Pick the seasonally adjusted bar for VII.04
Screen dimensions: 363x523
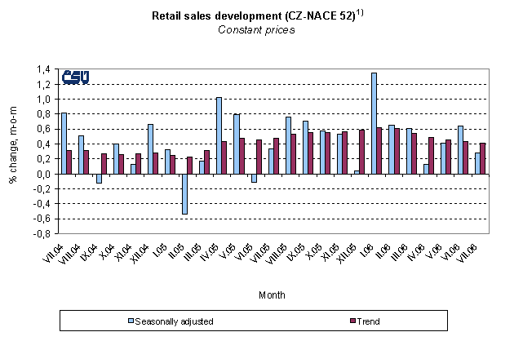(x=64, y=144)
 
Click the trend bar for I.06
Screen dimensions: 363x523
(x=379, y=151)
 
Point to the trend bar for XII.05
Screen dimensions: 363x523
(x=362, y=152)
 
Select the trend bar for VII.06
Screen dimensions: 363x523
(x=482, y=158)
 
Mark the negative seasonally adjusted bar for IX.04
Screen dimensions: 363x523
(x=99, y=179)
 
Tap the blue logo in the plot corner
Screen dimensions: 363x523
(x=76, y=77)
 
